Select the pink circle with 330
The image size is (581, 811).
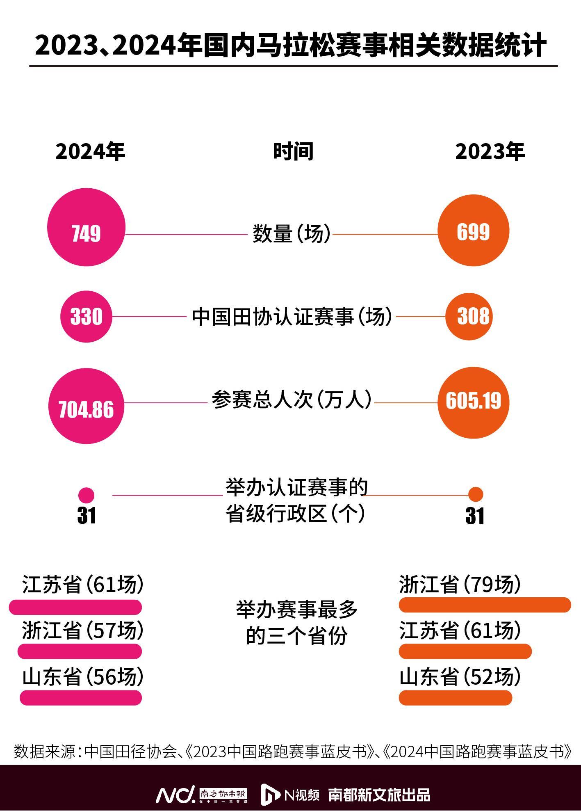point(86,316)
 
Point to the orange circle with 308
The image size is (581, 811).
point(473,316)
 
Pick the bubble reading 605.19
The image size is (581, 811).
point(473,402)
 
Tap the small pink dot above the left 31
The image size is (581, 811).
point(86,495)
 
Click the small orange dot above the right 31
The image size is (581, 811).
point(476,494)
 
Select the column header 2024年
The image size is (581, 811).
point(90,152)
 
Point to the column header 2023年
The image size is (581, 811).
point(490,152)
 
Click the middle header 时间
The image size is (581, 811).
point(293,151)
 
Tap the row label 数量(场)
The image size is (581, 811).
point(291,234)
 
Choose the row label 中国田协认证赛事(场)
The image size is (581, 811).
point(292,317)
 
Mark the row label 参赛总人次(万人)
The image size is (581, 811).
point(292,400)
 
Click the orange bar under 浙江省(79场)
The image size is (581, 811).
point(485,605)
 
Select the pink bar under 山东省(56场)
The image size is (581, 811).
point(81,698)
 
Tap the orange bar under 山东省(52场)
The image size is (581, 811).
point(456,698)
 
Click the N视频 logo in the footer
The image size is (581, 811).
point(290,795)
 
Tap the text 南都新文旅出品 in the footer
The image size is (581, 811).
point(379,795)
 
